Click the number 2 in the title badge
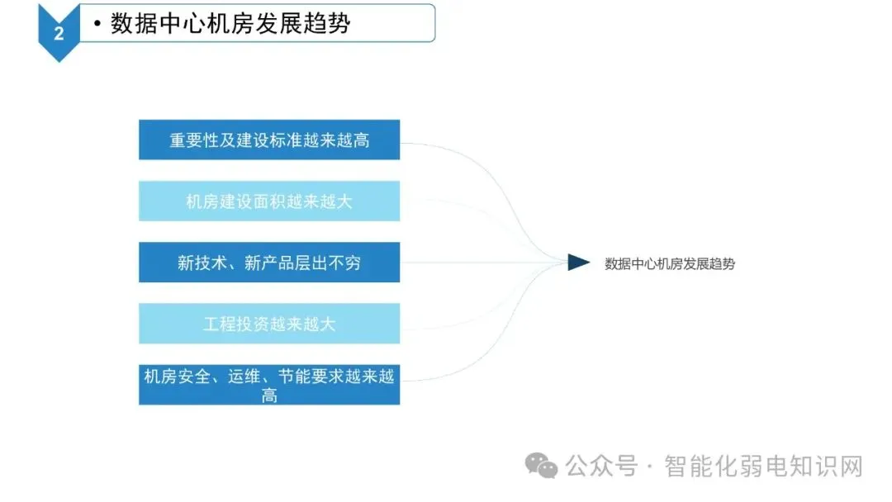tap(59, 33)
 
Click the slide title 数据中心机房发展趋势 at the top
tap(230, 23)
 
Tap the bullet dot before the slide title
tap(97, 25)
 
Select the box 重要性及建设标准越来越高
tap(269, 140)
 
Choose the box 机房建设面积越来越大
tap(269, 201)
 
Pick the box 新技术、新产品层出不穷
tap(269, 263)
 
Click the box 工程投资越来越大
tap(269, 324)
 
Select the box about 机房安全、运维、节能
tap(269, 385)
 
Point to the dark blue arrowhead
tap(578, 263)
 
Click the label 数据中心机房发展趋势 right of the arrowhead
tap(670, 264)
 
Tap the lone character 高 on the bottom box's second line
tap(269, 395)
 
